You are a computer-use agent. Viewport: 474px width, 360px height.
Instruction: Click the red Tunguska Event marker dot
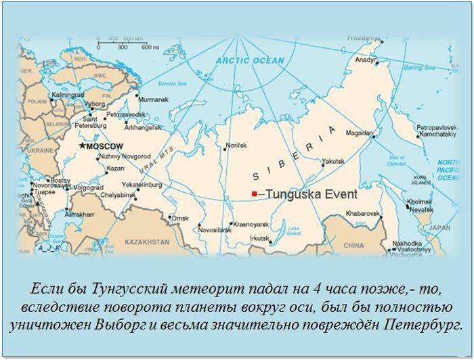254,194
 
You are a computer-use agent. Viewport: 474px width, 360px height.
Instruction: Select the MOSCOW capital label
106,146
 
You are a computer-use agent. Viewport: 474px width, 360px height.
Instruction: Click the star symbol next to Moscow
83,145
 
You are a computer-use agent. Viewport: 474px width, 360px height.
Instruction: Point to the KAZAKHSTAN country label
146,242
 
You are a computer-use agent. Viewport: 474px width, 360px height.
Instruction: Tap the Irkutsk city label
259,238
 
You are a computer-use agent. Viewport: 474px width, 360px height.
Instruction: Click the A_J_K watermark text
49,248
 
